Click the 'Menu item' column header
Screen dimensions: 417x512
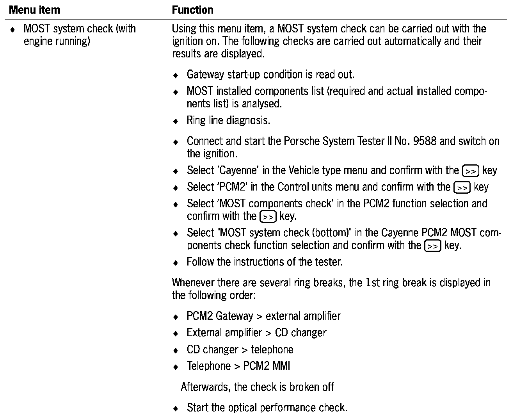[34, 10]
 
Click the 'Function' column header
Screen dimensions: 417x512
[193, 10]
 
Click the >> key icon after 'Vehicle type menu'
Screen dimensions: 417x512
[470, 171]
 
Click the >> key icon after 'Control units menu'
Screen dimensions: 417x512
[462, 188]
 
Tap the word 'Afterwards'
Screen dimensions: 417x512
[206, 387]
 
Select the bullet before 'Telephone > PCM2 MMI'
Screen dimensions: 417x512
[176, 367]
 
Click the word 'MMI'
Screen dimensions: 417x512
[281, 366]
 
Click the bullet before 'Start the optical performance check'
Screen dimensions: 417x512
[176, 409]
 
